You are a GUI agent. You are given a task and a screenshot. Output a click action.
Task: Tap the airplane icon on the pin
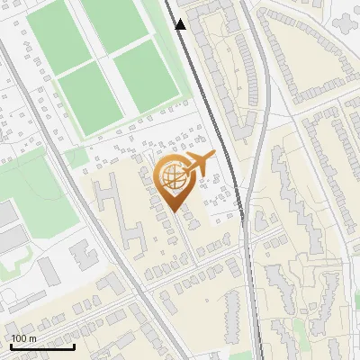[x=198, y=163]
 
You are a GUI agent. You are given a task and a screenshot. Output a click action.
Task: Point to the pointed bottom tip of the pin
[x=174, y=211]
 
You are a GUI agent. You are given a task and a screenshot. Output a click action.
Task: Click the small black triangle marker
[x=181, y=24]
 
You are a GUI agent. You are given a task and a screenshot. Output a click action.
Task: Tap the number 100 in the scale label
[x=20, y=337]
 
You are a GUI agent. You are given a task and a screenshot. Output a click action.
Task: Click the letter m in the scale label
[x=33, y=337]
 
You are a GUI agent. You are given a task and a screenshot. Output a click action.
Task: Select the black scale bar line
[x=42, y=346]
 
